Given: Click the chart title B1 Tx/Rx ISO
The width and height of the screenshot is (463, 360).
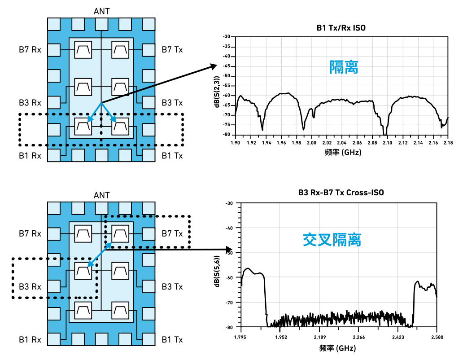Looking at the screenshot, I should (x=341, y=28).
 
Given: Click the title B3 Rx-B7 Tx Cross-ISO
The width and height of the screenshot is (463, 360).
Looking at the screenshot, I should (x=341, y=193).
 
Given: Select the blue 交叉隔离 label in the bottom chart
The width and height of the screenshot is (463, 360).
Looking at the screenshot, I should (x=332, y=240).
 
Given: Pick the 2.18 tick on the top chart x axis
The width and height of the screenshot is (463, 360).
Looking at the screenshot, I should (x=448, y=142).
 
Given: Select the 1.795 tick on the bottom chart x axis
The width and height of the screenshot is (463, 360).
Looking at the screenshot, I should (x=241, y=337).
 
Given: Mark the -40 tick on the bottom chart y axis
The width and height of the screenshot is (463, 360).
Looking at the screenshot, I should (x=229, y=228).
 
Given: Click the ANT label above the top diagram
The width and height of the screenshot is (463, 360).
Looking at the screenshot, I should (x=101, y=11).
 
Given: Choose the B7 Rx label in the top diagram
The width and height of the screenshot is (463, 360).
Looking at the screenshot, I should (x=30, y=49).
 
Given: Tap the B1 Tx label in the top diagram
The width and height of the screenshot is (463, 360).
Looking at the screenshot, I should (x=172, y=156).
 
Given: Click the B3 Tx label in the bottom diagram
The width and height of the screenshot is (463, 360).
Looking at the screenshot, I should (x=172, y=286).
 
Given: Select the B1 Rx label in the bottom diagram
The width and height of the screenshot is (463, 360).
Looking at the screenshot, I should (x=30, y=339).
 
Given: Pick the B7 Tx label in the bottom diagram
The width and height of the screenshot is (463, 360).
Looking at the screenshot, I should (x=172, y=234).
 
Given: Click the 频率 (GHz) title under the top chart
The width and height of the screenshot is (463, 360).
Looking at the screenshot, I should (x=341, y=152).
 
